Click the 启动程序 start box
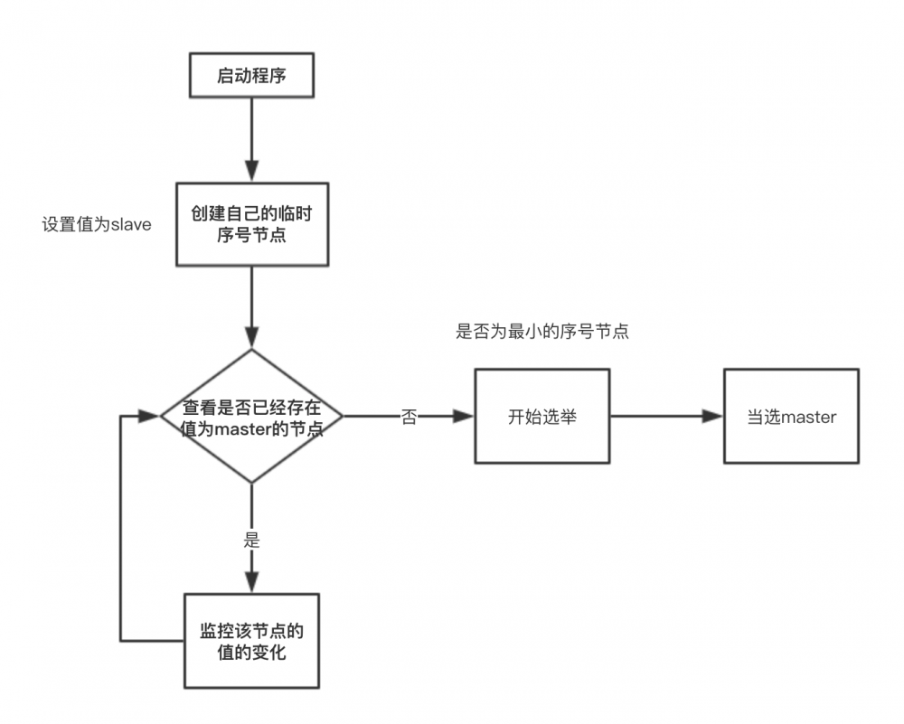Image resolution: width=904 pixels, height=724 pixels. pos(251,75)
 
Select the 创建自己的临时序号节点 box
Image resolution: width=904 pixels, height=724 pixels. pos(251,223)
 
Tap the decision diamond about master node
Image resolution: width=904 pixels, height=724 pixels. pos(251,417)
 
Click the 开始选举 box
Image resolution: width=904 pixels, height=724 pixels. pos(542,417)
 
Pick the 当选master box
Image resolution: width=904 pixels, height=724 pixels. pos(791,417)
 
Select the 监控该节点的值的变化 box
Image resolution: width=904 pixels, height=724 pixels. pos(251,640)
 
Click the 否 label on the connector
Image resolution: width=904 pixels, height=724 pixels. pos(410,418)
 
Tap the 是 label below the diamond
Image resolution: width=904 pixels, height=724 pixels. pos(251,541)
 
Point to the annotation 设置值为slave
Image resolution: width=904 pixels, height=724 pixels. pos(97,224)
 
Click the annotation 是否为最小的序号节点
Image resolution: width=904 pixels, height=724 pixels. pos(542,332)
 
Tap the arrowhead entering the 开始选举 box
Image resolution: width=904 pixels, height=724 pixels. pos(465,417)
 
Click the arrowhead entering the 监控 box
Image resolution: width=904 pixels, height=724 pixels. pos(251,583)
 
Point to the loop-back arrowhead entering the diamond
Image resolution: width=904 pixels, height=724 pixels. pos(149,417)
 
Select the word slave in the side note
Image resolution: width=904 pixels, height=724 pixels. pos(130,224)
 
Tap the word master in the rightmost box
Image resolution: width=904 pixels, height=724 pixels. pos(808,418)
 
